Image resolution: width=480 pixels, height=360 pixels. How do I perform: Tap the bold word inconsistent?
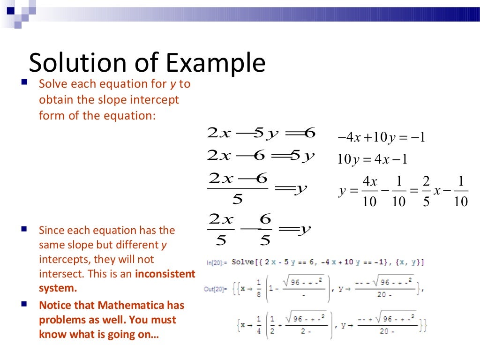(x=165, y=274)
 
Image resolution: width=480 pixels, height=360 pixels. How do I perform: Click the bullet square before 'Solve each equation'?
(x=24, y=83)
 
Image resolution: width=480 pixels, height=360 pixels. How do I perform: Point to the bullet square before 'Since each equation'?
(x=24, y=229)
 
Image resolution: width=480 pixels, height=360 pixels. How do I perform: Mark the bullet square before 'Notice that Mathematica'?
(x=24, y=305)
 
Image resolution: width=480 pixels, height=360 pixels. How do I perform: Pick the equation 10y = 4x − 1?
(x=372, y=159)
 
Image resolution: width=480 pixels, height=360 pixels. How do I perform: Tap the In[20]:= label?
(x=217, y=263)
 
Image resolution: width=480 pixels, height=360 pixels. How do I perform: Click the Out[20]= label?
(x=216, y=289)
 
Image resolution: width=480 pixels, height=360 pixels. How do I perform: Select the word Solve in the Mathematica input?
(x=243, y=262)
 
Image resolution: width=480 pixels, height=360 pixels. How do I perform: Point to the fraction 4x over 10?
(x=370, y=192)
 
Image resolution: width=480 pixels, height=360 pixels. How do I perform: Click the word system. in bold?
(x=58, y=288)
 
